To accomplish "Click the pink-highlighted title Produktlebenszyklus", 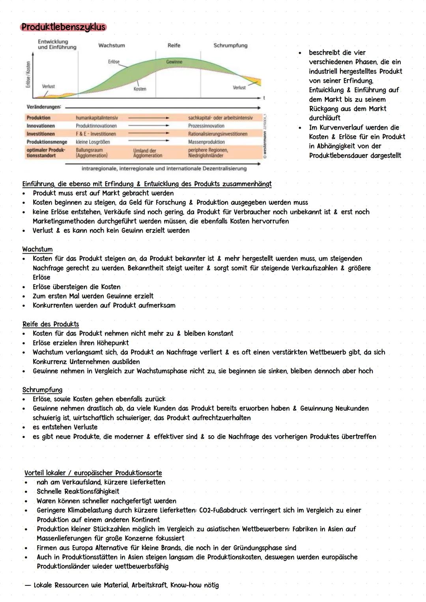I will [x=64, y=27].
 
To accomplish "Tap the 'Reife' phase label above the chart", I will [x=174, y=45].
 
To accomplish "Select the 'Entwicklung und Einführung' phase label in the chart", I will [x=57, y=44].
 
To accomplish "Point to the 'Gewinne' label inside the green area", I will [x=174, y=62].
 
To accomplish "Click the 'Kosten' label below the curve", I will [x=140, y=89].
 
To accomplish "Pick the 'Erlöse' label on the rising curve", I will [x=114, y=62].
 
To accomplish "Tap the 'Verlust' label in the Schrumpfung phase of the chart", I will [x=239, y=88].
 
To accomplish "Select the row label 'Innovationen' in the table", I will [x=41, y=126].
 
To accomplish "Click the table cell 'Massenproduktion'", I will [x=206, y=142].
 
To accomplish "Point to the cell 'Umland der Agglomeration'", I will [x=148, y=153].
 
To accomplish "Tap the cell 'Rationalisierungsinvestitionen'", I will [x=218, y=134].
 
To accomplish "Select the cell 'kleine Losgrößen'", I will [x=93, y=142].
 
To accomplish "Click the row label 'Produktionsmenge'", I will [x=47, y=142].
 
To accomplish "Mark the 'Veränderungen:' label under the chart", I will [x=44, y=107].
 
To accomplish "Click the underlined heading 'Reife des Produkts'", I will [x=50, y=324].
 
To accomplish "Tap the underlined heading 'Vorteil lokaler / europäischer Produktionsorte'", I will [x=93, y=473].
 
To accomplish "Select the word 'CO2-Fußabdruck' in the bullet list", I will [x=225, y=510].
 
